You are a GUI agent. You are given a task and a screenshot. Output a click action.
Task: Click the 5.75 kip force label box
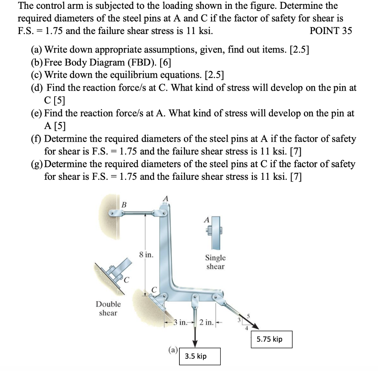pyautogui.click(x=272, y=339)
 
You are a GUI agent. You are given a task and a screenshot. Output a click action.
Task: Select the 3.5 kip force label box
pyautogui.click(x=200, y=356)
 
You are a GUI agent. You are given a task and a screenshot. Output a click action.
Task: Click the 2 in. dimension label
pyautogui.click(x=207, y=322)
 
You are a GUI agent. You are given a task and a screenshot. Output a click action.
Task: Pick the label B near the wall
pyautogui.click(x=124, y=204)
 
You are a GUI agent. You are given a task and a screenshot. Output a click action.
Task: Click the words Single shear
pyautogui.click(x=215, y=262)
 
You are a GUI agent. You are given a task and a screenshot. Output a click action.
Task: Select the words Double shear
pyautogui.click(x=108, y=308)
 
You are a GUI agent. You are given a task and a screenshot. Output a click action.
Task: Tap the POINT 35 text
pyautogui.click(x=331, y=31)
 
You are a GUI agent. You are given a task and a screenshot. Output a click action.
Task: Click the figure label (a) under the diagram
pyautogui.click(x=173, y=350)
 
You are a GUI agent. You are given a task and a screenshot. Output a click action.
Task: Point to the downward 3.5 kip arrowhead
pyautogui.click(x=195, y=342)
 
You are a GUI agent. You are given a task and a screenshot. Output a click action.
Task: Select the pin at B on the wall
pyautogui.click(x=111, y=213)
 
